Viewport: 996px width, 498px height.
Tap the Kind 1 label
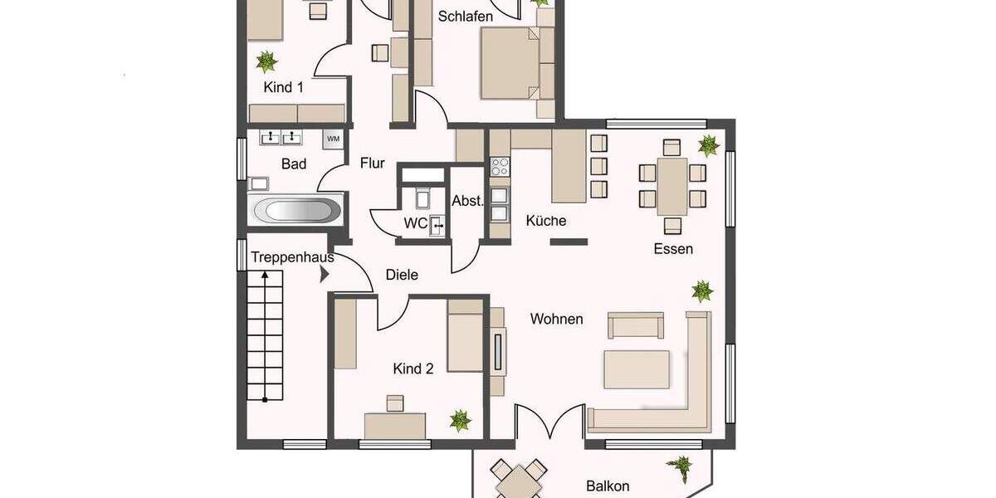pos(283,87)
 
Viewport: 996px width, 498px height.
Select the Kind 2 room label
pos(413,369)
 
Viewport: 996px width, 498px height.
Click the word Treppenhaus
pos(292,257)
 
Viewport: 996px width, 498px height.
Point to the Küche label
pos(546,221)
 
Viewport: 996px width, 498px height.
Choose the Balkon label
pos(607,486)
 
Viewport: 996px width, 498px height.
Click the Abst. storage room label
pos(467,201)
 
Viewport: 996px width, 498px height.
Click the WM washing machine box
pos(333,139)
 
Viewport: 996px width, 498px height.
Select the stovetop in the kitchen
pos(499,166)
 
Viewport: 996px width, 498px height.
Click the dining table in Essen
pos(672,186)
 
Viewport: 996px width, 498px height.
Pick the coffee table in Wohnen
pos(637,369)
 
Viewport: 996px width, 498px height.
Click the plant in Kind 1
pos(266,61)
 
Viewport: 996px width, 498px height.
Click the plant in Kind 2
pos(460,420)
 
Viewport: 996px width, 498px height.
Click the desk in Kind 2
pos(395,424)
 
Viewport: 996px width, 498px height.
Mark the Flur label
pos(372,164)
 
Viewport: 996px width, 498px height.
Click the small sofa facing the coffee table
pos(636,325)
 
